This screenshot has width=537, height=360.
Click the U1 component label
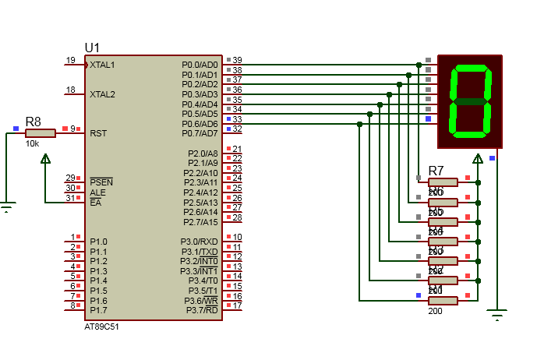(92, 48)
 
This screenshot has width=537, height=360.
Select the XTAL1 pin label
(102, 65)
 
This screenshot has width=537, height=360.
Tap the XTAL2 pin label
(102, 94)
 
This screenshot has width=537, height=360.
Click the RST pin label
(98, 133)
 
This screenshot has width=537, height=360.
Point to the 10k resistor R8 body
(40, 133)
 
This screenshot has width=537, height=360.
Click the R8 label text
(34, 122)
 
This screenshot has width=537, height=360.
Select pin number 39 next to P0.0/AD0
(237, 60)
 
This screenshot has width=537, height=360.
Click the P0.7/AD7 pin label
(200, 133)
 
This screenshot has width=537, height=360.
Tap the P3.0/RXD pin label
(200, 242)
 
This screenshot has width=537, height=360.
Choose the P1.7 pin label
(98, 310)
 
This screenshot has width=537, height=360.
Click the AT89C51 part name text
(101, 326)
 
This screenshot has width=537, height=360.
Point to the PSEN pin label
(101, 182)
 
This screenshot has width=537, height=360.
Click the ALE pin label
(97, 192)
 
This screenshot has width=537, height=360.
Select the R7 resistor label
(436, 171)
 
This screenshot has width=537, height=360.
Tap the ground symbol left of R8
(7, 207)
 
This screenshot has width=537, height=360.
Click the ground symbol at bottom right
(496, 315)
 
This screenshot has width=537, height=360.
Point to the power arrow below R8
(45, 159)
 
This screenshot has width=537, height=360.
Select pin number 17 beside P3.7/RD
(237, 305)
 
